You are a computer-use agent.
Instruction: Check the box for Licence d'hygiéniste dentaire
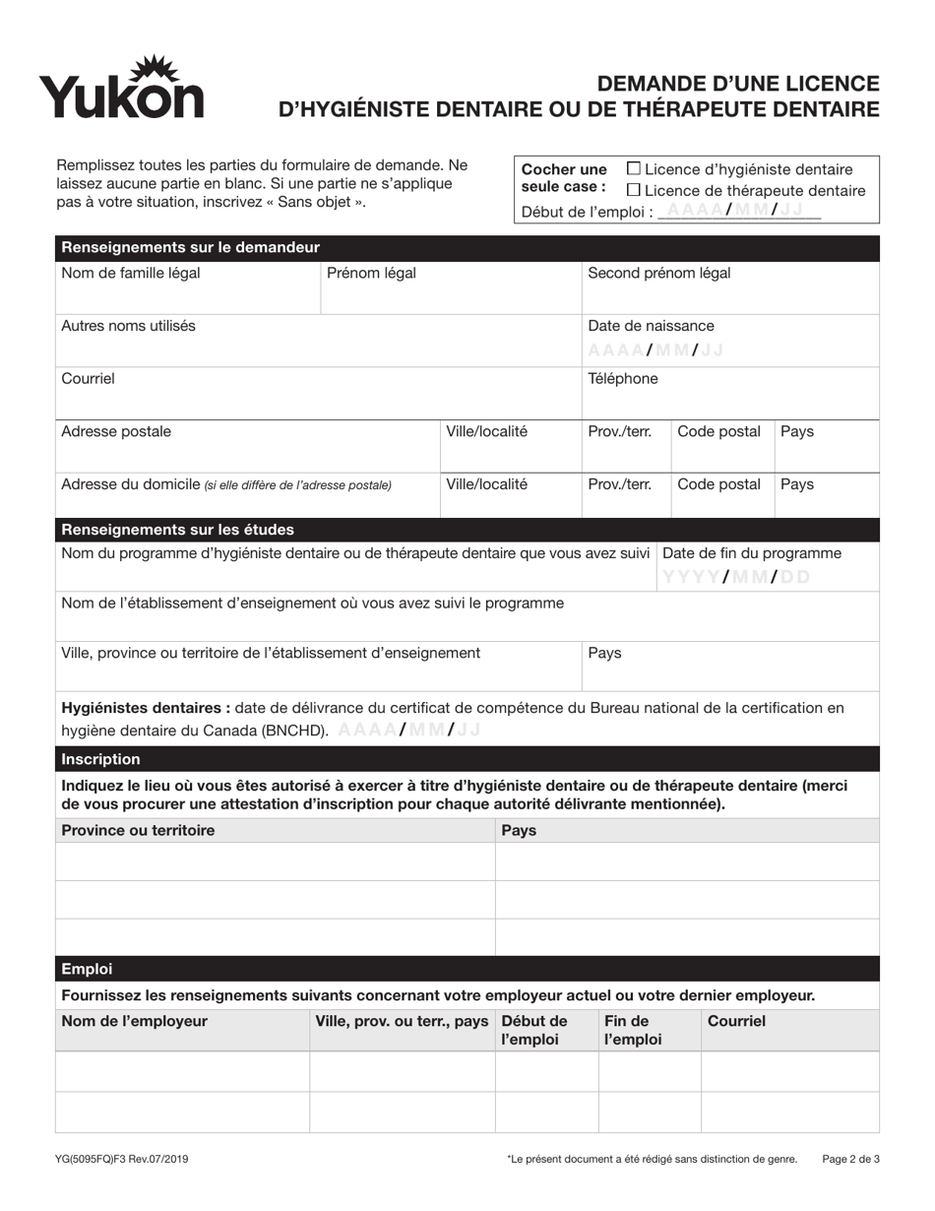tap(634, 169)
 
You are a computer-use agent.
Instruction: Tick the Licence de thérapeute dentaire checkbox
tap(634, 190)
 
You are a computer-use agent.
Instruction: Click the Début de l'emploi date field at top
tap(738, 211)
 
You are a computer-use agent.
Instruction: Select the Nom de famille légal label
tap(131, 274)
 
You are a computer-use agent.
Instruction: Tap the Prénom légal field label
tap(371, 274)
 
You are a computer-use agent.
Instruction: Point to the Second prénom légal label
tap(658, 274)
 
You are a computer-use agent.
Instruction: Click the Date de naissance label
tap(651, 326)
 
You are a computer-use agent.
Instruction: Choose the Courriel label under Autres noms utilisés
tap(88, 378)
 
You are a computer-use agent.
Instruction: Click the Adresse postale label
tap(115, 431)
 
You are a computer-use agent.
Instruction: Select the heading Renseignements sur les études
tap(177, 530)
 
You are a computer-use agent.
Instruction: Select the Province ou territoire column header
tap(138, 830)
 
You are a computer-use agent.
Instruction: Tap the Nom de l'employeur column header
tap(134, 1021)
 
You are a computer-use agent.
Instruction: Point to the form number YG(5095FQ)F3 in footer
tap(122, 1160)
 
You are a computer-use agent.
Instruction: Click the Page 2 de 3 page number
tap(850, 1160)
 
